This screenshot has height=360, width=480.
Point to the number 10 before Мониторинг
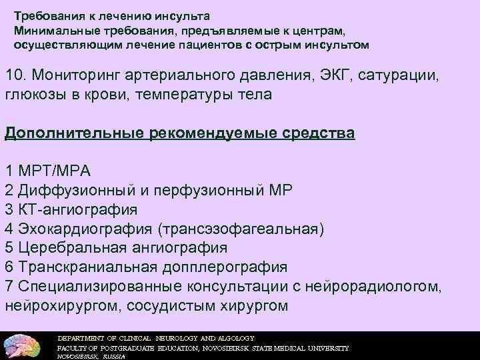13,75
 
